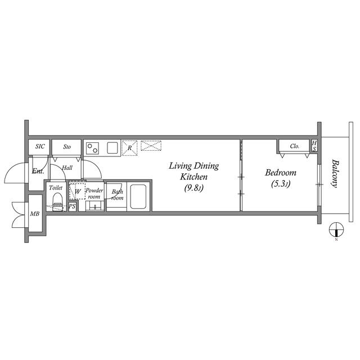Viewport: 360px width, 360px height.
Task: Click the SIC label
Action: point(39,147)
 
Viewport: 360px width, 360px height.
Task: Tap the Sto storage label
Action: point(67,147)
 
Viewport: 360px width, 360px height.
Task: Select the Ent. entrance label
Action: point(38,170)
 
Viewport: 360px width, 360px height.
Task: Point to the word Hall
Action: point(67,168)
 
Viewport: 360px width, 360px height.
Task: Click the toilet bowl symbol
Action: point(56,201)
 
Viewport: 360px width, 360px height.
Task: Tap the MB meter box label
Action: point(35,214)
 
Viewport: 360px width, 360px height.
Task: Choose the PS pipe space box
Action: point(72,206)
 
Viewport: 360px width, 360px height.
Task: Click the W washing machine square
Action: point(77,191)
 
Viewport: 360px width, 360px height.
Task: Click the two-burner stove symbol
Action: point(93,148)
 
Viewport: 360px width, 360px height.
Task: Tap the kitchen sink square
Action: point(112,148)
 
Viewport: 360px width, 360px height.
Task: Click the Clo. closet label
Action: point(295,146)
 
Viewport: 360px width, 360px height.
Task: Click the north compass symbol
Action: point(336,229)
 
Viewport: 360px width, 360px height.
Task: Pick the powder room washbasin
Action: point(96,206)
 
